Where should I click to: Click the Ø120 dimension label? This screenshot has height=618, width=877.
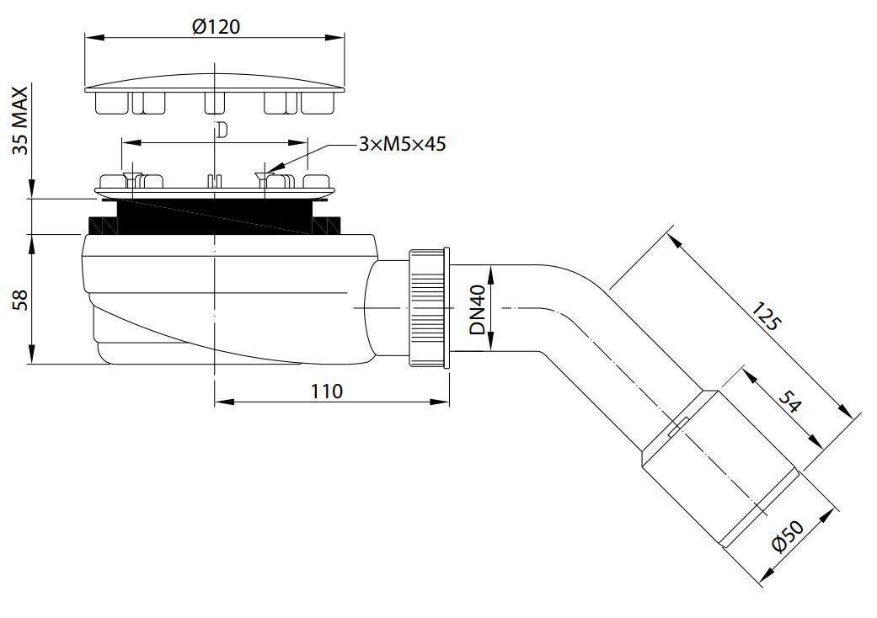(x=216, y=26)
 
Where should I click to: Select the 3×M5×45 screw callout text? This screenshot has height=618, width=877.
(x=401, y=144)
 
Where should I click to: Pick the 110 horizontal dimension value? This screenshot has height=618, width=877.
(x=326, y=391)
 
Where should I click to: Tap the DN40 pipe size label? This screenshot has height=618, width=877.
(x=478, y=310)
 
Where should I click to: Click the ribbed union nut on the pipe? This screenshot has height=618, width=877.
(x=430, y=307)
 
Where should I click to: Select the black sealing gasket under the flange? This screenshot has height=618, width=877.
(x=216, y=217)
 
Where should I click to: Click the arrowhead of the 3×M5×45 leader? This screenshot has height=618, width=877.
(x=267, y=173)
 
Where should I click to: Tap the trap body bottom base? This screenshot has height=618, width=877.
(x=202, y=354)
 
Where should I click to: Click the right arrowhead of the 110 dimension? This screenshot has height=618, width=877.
(x=447, y=401)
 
